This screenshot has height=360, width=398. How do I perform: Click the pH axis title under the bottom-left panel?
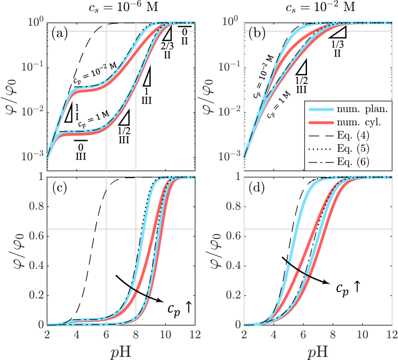pos(121,351)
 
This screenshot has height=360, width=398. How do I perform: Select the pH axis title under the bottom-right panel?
pos(318,351)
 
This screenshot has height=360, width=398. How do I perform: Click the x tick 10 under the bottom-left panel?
pos(165,334)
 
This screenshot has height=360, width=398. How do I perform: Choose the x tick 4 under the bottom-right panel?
pos(273,334)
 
